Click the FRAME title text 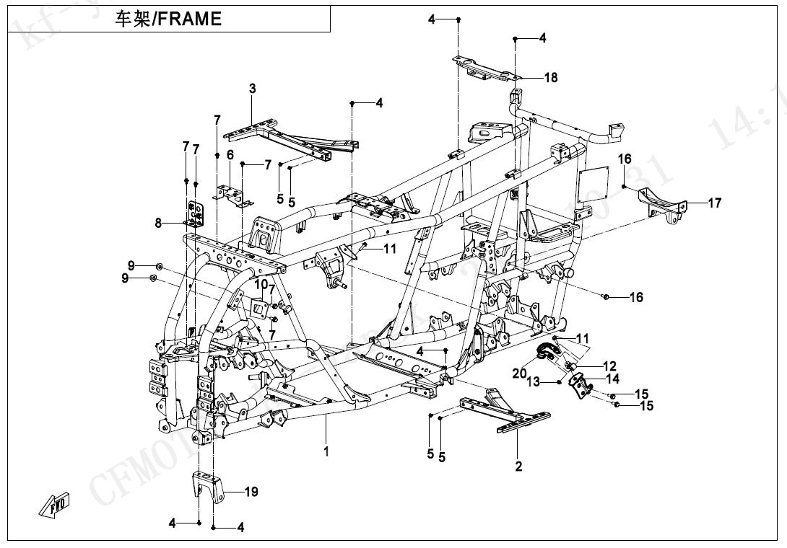pyautogui.click(x=169, y=19)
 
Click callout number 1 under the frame pyautogui.click(x=326, y=452)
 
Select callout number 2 pyautogui.click(x=518, y=467)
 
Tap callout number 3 pyautogui.click(x=253, y=89)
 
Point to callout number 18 pyautogui.click(x=551, y=78)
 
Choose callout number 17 pyautogui.click(x=714, y=203)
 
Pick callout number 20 pyautogui.click(x=520, y=373)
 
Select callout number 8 pyautogui.click(x=159, y=224)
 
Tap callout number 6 pyautogui.click(x=230, y=155)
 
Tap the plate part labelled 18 pyautogui.click(x=487, y=67)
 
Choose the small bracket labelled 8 pyautogui.click(x=196, y=212)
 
